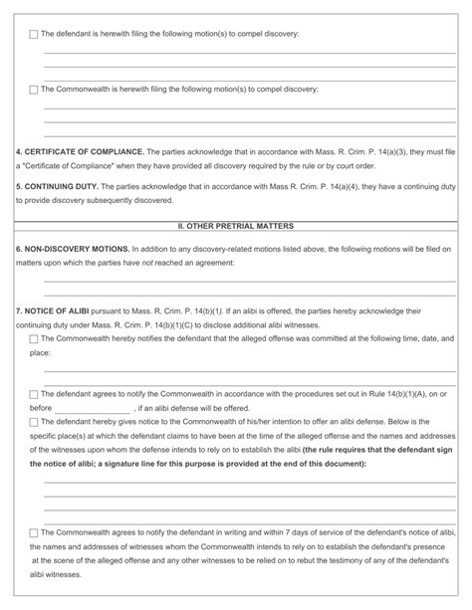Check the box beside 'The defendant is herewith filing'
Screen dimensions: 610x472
click(x=34, y=35)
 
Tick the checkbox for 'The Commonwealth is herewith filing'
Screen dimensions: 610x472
click(x=34, y=90)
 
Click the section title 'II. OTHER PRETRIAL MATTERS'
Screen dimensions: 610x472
click(x=235, y=227)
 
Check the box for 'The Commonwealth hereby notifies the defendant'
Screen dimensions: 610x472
click(x=34, y=339)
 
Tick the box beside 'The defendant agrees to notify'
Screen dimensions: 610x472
click(x=34, y=395)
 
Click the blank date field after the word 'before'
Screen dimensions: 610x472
click(x=92, y=409)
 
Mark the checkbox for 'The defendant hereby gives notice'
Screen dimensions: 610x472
click(x=34, y=423)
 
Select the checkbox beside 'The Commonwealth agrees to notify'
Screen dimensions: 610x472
click(x=34, y=533)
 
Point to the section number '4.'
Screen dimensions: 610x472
click(x=19, y=151)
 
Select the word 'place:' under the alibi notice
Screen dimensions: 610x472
click(x=41, y=353)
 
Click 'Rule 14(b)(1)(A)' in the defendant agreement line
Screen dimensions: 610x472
click(x=359, y=395)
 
